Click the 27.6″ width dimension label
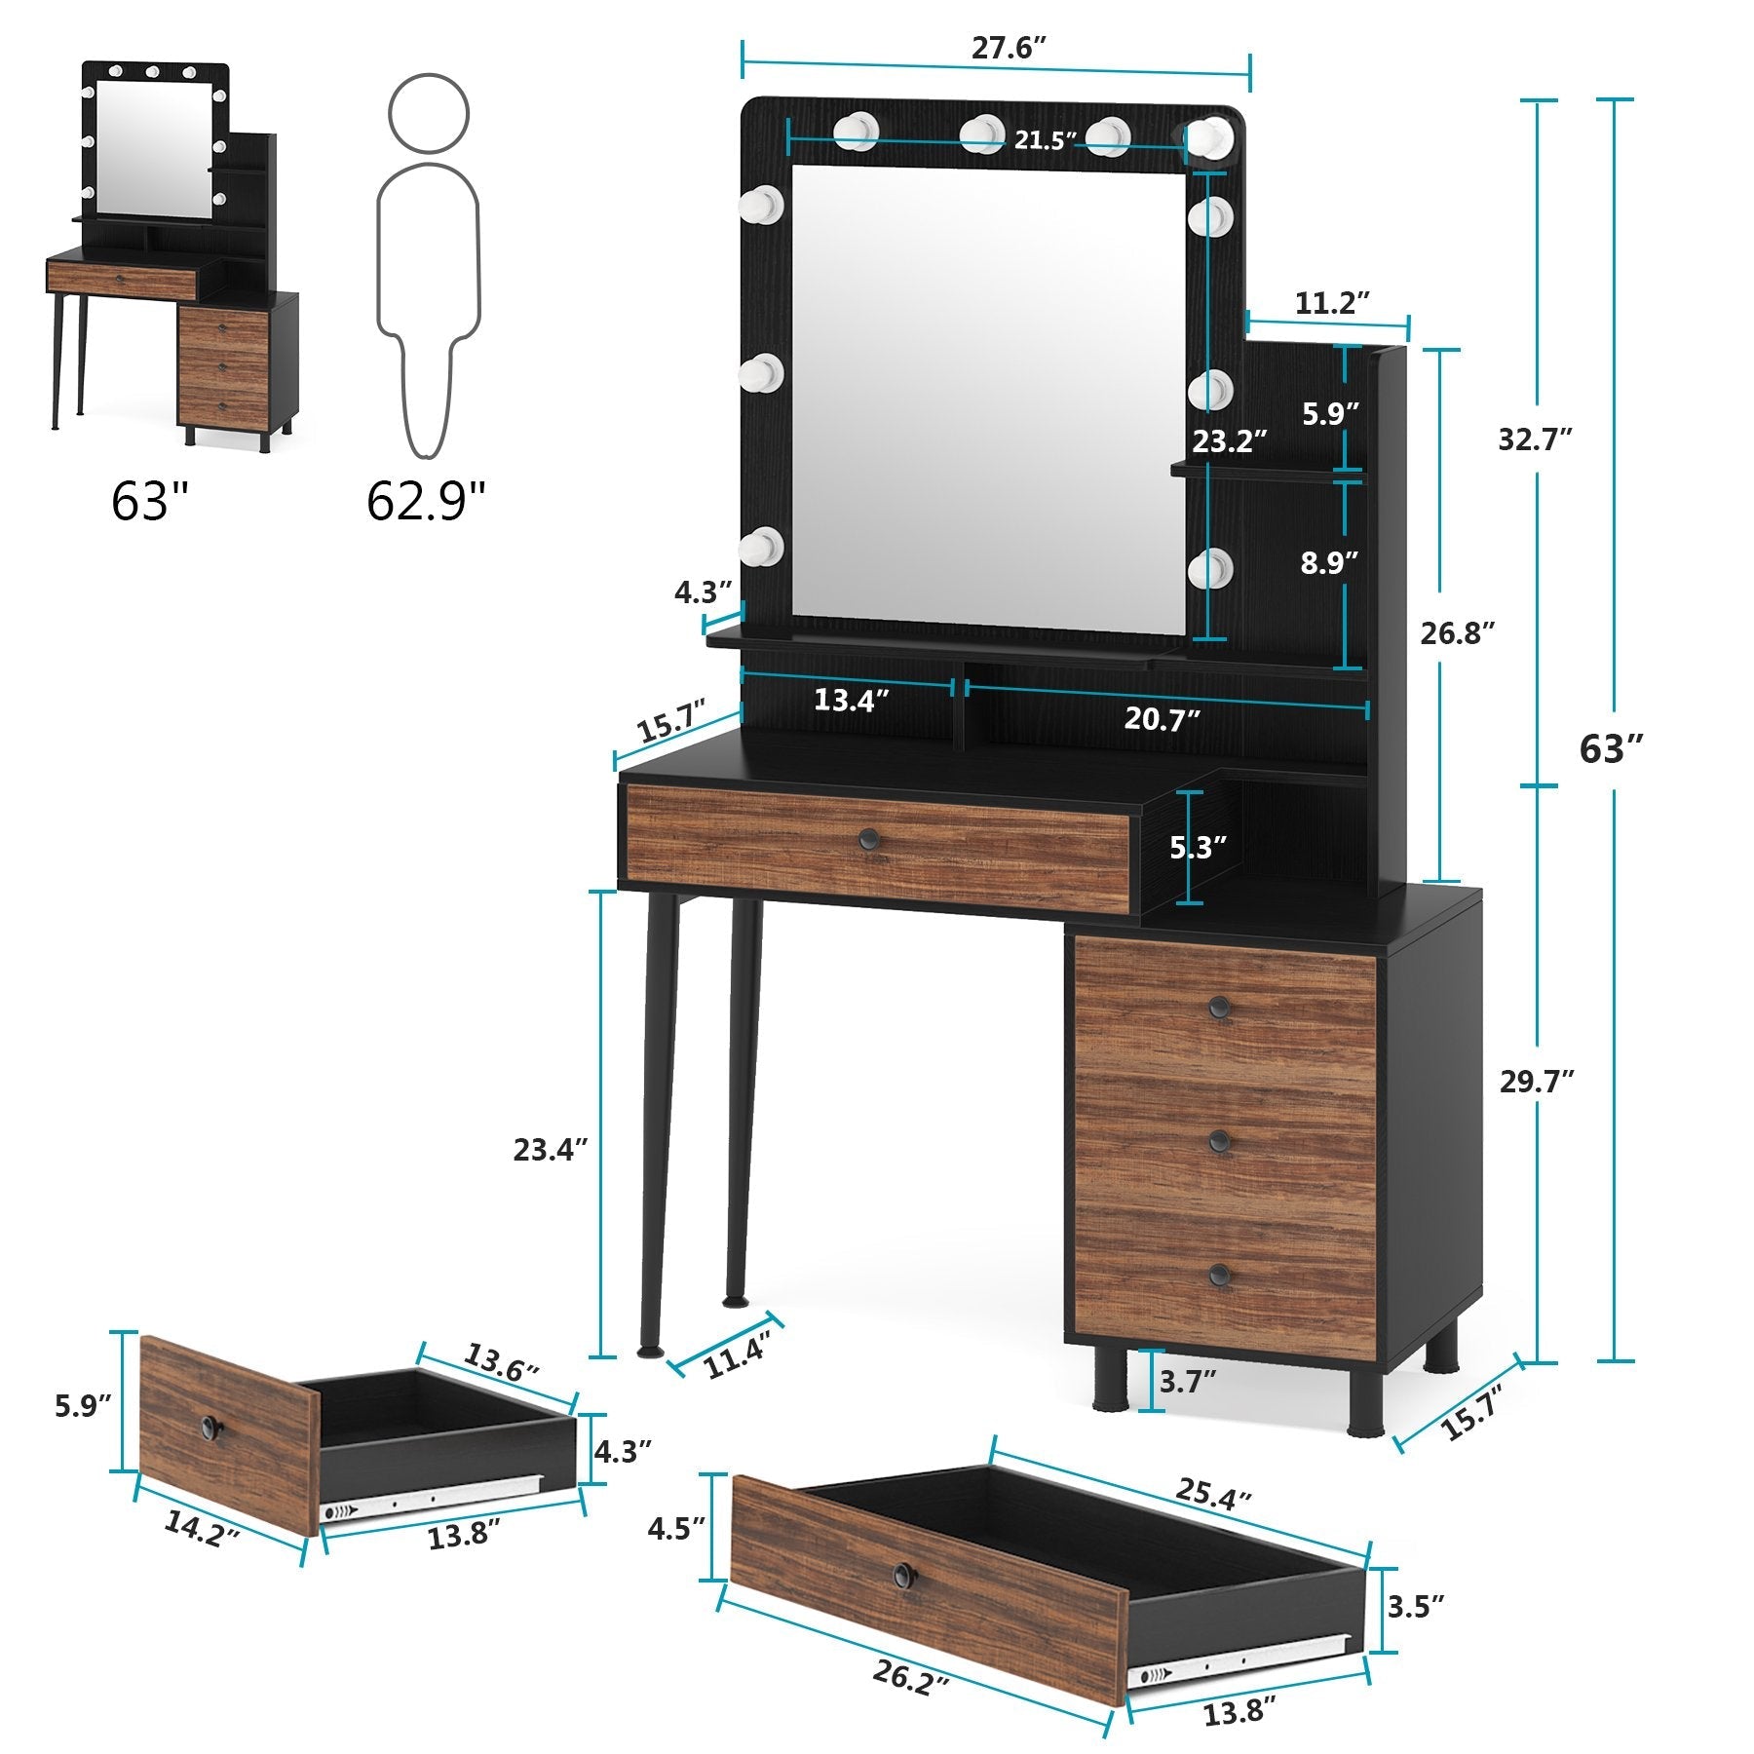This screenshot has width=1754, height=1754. pyautogui.click(x=1009, y=49)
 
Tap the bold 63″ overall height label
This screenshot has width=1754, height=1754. pyautogui.click(x=1611, y=748)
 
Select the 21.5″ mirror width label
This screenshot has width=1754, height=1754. pyautogui.click(x=1045, y=140)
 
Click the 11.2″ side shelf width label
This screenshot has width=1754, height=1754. pyautogui.click(x=1332, y=303)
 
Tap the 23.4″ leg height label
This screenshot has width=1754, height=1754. pyautogui.click(x=551, y=1150)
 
